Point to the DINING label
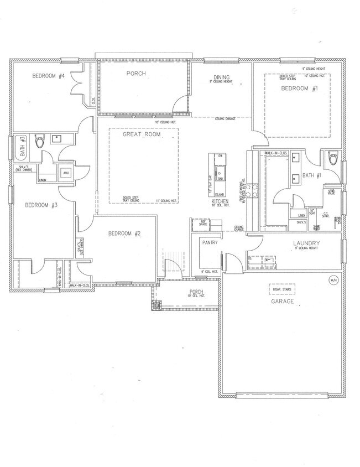click(222, 77)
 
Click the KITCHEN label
click(220, 203)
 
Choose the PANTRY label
click(210, 242)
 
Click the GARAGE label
click(281, 302)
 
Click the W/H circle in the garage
click(332, 279)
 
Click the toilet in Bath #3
click(39, 142)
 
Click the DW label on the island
click(220, 157)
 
